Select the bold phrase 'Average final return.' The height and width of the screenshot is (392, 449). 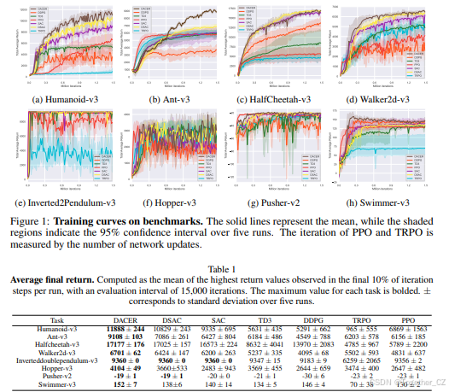tap(60, 278)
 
